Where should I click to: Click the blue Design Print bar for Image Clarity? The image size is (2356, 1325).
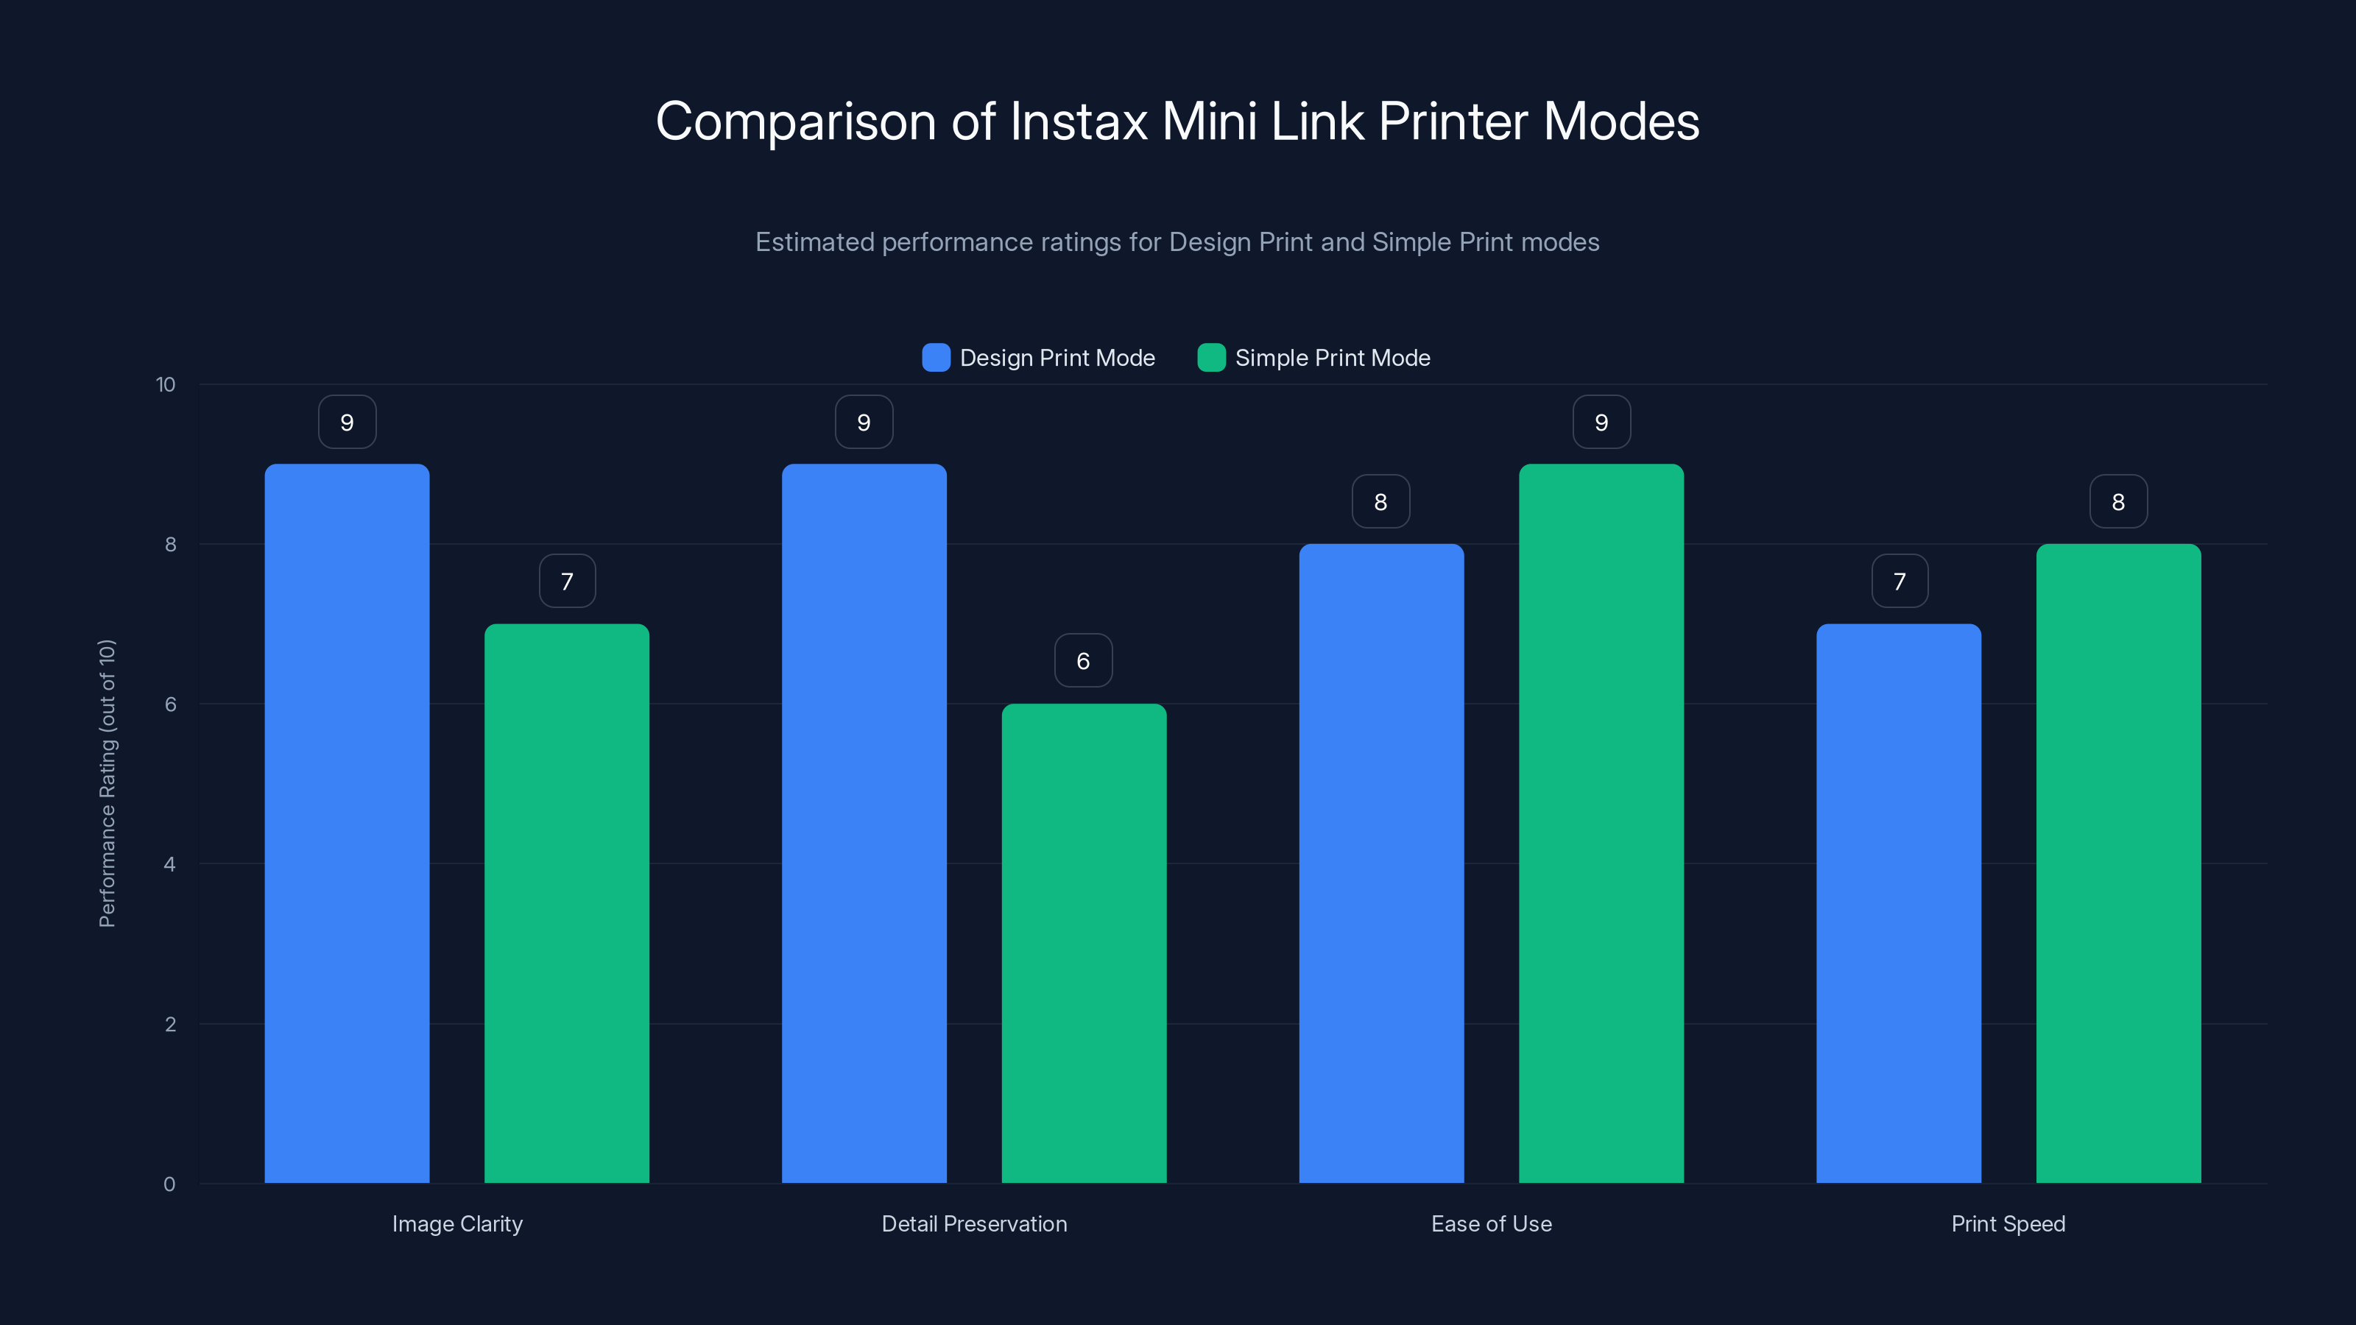coord(347,823)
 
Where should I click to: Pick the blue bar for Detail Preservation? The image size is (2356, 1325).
coord(864,823)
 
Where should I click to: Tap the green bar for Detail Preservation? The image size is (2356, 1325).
coord(1084,943)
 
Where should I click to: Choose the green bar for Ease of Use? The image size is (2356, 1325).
coord(1601,823)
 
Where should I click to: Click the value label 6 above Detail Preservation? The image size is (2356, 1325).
coord(1084,660)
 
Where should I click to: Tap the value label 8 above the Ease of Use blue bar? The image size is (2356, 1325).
coord(1381,501)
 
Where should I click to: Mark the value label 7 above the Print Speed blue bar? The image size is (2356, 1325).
coord(1900,581)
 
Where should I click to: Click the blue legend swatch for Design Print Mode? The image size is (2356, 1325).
coord(936,358)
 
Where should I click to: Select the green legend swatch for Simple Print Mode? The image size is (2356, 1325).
coord(1211,358)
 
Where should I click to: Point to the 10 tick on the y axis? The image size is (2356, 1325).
coord(166,384)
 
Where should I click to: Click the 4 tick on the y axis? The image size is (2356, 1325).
coord(169,864)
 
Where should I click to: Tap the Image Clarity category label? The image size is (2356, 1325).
coord(457,1223)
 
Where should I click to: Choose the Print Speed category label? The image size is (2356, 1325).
coord(2008,1223)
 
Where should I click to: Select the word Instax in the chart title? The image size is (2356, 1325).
coord(1079,121)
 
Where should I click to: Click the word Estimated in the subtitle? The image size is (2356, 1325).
coord(814,242)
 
